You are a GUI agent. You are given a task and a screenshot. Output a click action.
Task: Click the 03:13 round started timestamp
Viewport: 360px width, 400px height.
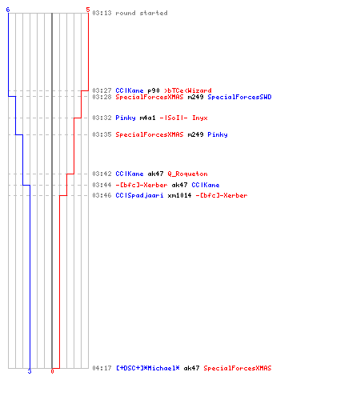pos(102,13)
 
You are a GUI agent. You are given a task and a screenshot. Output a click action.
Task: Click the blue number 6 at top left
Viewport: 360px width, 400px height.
pos(8,10)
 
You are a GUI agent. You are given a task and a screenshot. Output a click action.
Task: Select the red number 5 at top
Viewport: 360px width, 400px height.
pos(88,10)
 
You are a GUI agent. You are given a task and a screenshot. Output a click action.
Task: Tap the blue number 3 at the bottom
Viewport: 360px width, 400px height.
pos(30,371)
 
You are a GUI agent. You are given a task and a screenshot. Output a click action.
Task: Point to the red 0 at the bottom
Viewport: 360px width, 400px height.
pos(52,371)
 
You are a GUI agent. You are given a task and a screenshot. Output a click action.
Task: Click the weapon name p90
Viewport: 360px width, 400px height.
pos(154,90)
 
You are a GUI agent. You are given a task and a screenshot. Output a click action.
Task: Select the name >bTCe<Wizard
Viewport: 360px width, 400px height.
pos(188,90)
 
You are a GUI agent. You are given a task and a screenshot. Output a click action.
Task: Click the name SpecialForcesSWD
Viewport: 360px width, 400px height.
pos(239,97)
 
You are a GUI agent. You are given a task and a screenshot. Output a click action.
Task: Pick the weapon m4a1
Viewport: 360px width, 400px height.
pos(147,118)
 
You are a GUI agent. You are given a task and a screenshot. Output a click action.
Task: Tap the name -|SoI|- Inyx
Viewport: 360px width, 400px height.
pos(183,118)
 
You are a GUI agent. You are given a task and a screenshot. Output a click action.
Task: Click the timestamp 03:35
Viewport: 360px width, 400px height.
pos(102,134)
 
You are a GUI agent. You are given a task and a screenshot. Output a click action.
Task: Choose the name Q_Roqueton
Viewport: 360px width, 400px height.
pos(187,174)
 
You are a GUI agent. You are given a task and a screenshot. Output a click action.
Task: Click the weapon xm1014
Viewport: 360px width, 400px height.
pos(179,195)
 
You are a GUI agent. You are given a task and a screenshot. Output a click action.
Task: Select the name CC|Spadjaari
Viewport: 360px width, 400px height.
pos(139,195)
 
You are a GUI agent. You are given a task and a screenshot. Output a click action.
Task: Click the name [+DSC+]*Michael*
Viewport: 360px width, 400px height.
pos(147,368)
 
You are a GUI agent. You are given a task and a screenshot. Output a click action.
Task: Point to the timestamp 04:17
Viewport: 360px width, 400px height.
pos(102,368)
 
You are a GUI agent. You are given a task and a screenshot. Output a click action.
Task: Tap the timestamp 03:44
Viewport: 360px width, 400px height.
pos(102,185)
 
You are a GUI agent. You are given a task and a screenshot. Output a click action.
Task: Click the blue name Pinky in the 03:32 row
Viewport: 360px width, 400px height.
pos(126,118)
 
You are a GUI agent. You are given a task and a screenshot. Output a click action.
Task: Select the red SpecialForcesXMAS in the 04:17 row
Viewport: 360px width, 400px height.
pos(238,368)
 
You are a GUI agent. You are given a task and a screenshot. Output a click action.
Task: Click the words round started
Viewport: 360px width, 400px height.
pos(142,13)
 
